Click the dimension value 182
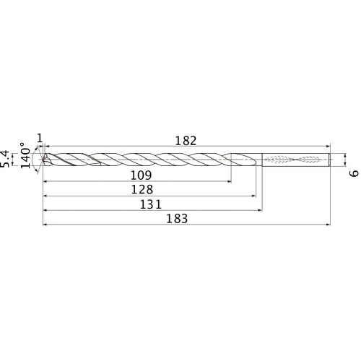coord(186,142)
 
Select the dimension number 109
coord(140,175)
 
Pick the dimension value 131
coord(151,204)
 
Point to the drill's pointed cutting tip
coord(43,160)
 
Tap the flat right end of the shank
coord(331,160)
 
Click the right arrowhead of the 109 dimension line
coord(230,181)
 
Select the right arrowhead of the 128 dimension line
coord(253,196)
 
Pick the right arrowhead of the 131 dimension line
coord(260,210)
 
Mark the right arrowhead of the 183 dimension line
coord(329,225)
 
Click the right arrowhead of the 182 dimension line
coord(329,147)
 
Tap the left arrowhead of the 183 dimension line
coord(45,225)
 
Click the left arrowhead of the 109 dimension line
coord(45,181)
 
